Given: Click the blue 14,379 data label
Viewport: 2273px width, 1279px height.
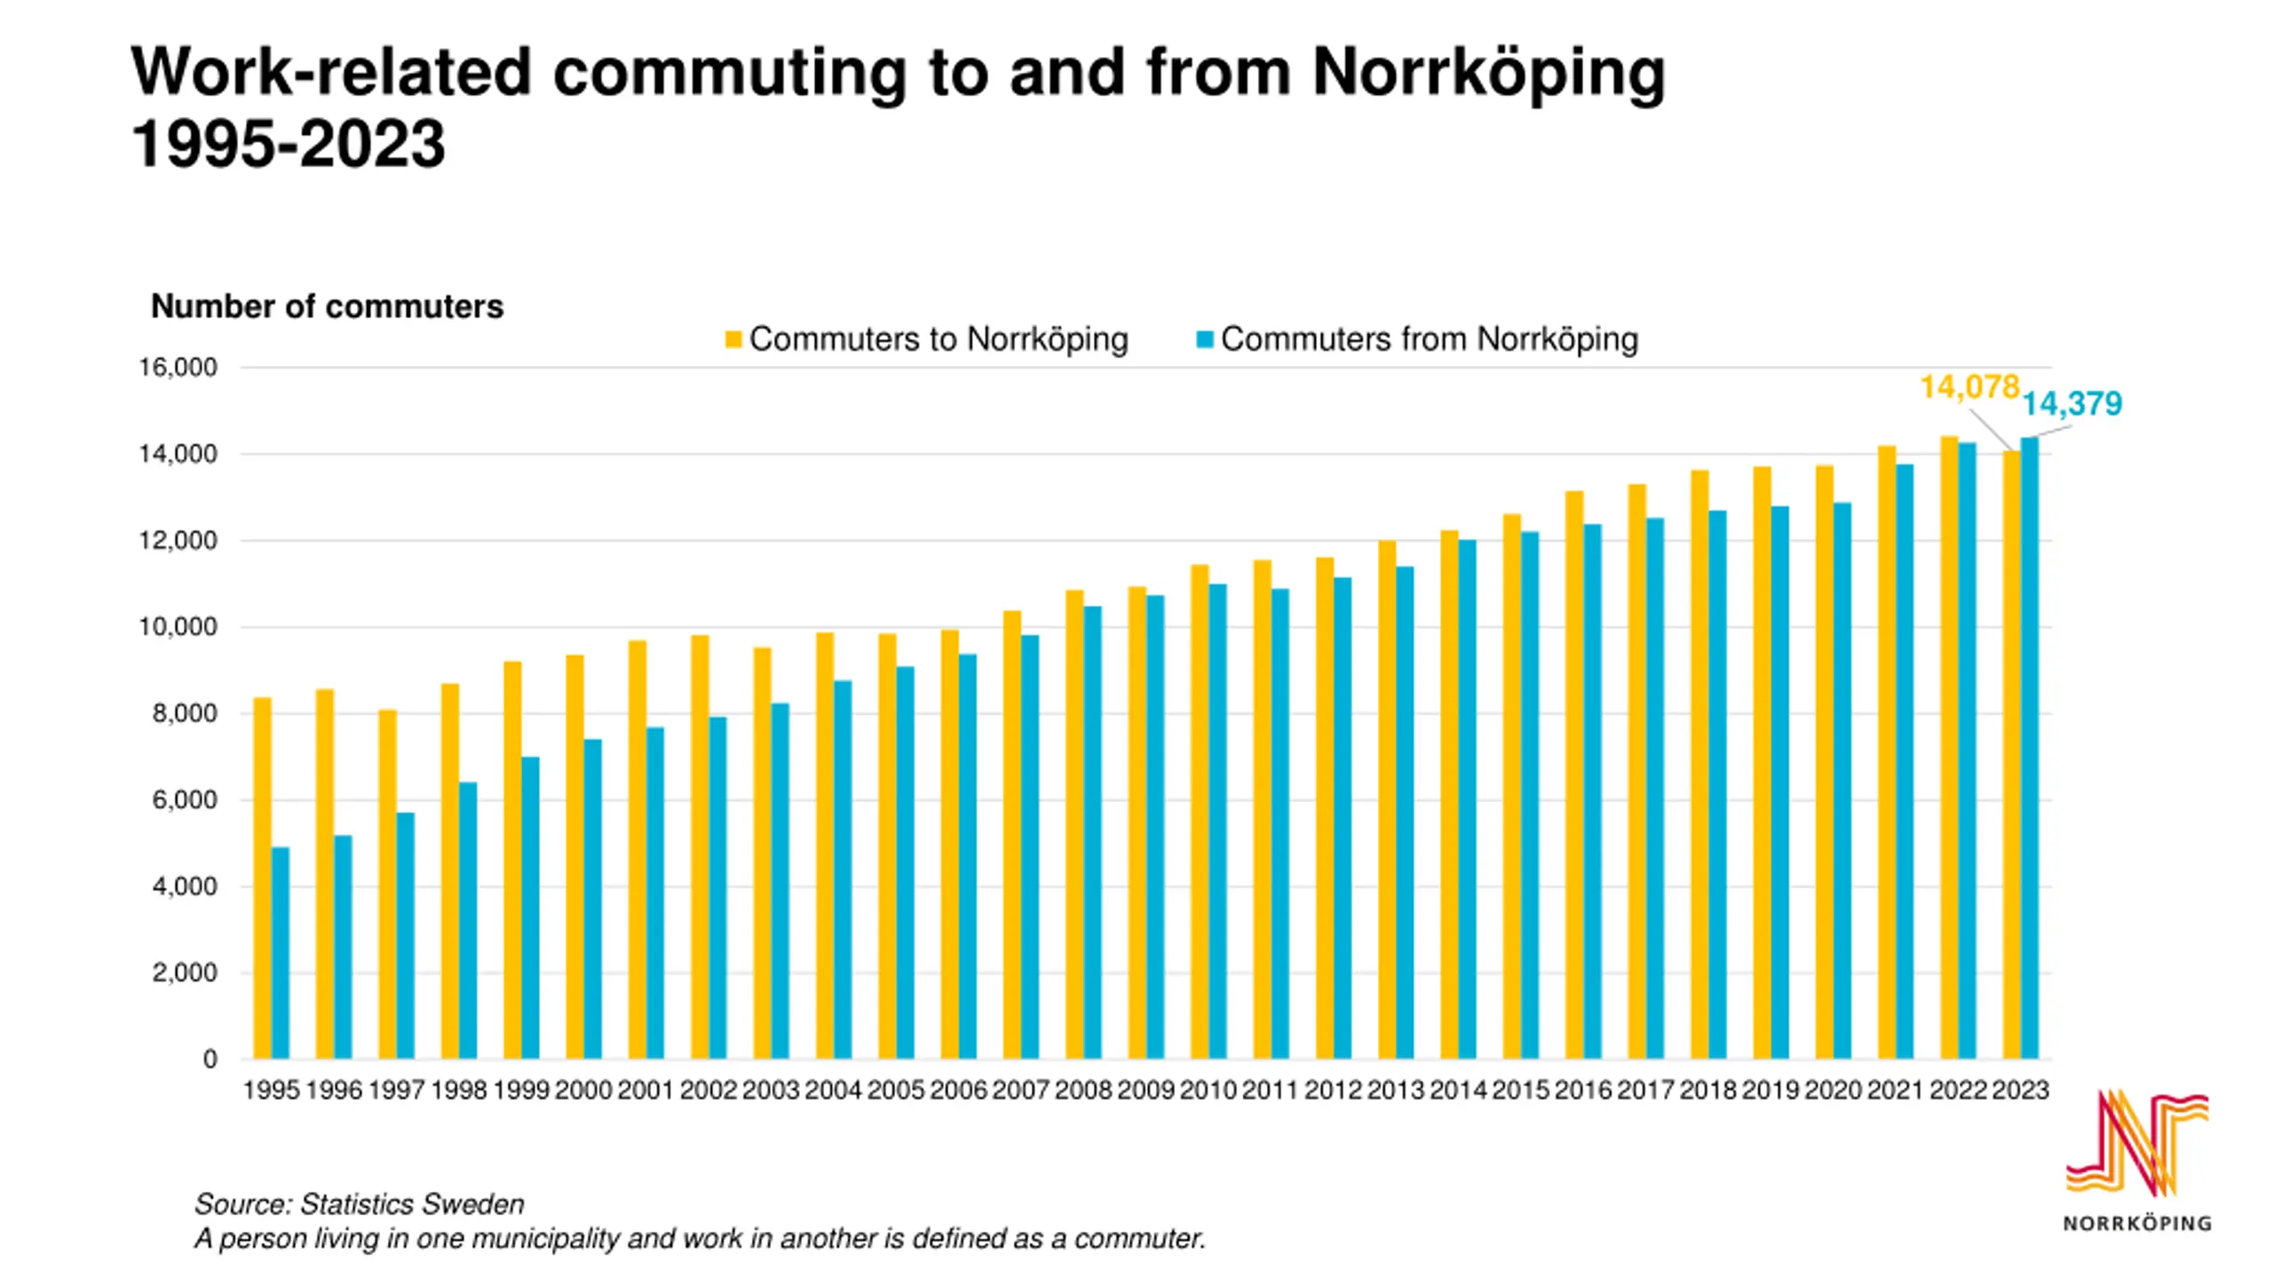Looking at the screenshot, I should click(2071, 404).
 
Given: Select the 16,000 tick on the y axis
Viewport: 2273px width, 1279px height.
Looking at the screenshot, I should click(178, 368).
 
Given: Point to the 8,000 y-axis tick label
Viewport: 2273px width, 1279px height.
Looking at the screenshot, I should click(184, 713).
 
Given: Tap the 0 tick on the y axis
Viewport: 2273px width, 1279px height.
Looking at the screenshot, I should click(210, 1059).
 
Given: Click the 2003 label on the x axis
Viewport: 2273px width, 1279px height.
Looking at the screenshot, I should click(771, 1090).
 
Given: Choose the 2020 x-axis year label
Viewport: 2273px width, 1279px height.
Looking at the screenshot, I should click(1833, 1090).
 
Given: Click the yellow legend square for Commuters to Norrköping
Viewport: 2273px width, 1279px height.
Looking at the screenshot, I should click(733, 339).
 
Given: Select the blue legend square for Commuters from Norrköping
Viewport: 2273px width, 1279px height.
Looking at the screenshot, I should click(1205, 339).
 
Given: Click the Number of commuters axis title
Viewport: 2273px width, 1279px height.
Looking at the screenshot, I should click(327, 306).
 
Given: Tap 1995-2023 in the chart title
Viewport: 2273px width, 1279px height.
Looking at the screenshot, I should click(289, 144).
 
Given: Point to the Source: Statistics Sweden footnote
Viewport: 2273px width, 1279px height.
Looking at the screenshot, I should click(360, 1204).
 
